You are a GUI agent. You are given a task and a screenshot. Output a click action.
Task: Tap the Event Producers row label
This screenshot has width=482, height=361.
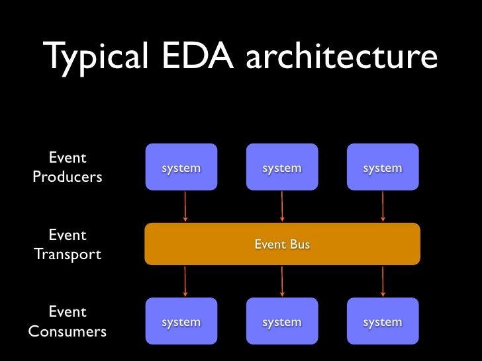click(x=67, y=168)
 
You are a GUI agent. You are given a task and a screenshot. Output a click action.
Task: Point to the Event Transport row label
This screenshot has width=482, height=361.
click(x=67, y=245)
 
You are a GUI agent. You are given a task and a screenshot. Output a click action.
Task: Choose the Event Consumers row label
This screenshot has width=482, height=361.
click(x=67, y=321)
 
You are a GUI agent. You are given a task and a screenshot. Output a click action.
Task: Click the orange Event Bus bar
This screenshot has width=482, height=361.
click(x=282, y=245)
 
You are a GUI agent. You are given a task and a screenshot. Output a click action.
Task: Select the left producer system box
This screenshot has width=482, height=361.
click(x=181, y=168)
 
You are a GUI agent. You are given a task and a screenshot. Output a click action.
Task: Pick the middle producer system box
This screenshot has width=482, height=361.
click(x=281, y=168)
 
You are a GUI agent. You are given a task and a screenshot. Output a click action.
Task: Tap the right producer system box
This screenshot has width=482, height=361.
click(x=383, y=168)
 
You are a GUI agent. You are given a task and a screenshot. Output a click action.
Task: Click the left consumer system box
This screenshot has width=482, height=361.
click(x=181, y=322)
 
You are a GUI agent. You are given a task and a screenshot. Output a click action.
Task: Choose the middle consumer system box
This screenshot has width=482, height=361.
click(x=281, y=322)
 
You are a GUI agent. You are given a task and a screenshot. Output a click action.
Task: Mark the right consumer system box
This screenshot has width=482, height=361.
click(x=383, y=322)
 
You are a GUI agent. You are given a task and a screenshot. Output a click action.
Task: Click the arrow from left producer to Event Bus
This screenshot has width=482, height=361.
click(x=185, y=206)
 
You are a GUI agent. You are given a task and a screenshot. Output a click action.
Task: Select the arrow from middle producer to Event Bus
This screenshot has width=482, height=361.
click(x=282, y=206)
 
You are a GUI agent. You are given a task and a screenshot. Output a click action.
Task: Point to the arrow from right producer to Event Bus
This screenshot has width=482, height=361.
click(x=383, y=206)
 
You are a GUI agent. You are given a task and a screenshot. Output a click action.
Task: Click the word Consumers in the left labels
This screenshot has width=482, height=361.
click(x=67, y=331)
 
